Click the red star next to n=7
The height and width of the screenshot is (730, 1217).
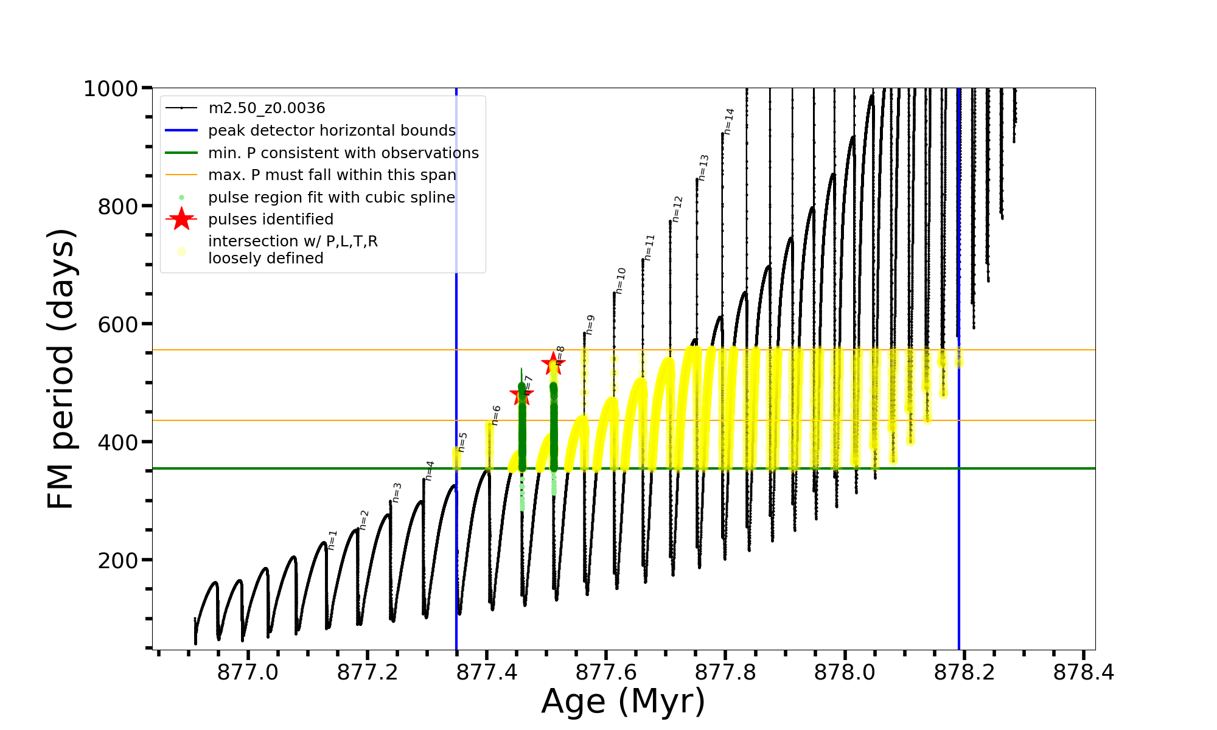tap(521, 395)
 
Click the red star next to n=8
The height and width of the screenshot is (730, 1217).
tap(553, 363)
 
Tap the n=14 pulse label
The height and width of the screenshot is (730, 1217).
tap(729, 121)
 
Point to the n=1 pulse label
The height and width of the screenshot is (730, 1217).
tap(332, 540)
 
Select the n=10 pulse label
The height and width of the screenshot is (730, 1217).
tap(620, 280)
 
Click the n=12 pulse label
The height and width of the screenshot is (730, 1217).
tap(677, 209)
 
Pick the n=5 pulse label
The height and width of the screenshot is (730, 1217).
tap(462, 442)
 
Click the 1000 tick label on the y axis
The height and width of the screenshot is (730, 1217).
tap(111, 89)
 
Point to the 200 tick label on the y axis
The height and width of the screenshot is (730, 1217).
tap(118, 560)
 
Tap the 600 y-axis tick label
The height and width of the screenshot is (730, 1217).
tap(118, 324)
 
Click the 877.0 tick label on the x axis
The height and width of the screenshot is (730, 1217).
tap(248, 672)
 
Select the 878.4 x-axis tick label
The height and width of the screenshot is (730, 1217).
tap(1084, 672)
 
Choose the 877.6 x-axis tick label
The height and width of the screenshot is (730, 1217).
tap(606, 672)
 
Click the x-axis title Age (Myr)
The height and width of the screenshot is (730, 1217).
tap(623, 701)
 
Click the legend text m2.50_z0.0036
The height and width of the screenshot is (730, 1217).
tap(267, 108)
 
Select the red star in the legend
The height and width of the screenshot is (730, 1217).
tap(181, 219)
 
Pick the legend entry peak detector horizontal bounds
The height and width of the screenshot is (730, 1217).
tap(332, 131)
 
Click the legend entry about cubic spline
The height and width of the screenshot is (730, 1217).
tap(332, 198)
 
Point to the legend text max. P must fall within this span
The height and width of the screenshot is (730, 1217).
tap(332, 175)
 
